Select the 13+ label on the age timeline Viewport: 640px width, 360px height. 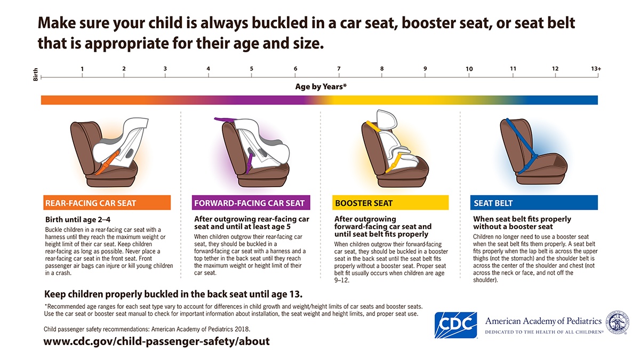click(596, 69)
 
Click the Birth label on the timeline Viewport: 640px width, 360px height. click(36, 77)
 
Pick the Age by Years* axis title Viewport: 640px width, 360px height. click(321, 86)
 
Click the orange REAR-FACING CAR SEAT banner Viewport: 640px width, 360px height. click(107, 203)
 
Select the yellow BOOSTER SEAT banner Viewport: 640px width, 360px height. click(390, 203)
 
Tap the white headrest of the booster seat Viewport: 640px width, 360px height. click(385, 121)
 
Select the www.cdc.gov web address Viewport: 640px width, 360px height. click(157, 341)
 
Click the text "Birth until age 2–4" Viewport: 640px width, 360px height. click(78, 219)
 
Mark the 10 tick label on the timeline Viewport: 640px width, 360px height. click(469, 69)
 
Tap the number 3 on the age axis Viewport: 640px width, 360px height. click(165, 69)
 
